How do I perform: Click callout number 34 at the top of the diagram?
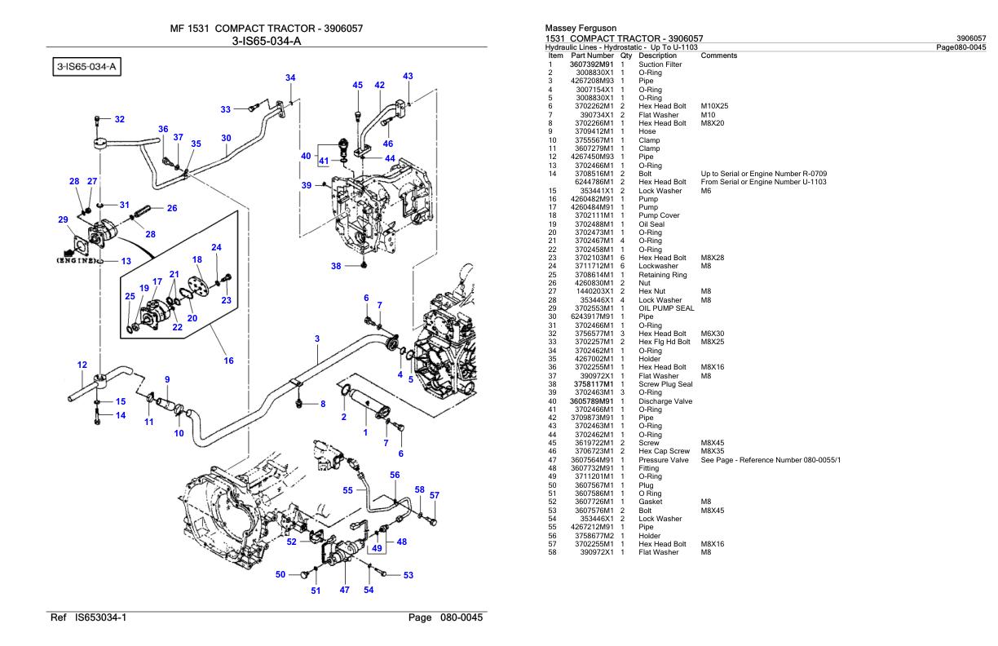click(290, 77)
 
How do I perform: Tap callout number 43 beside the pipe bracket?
click(408, 76)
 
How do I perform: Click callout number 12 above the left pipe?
click(82, 365)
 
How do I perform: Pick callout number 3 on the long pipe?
click(316, 338)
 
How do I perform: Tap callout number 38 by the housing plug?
click(336, 266)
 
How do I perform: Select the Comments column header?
click(719, 55)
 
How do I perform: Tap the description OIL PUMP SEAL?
click(666, 308)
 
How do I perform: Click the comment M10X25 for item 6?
click(715, 106)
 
